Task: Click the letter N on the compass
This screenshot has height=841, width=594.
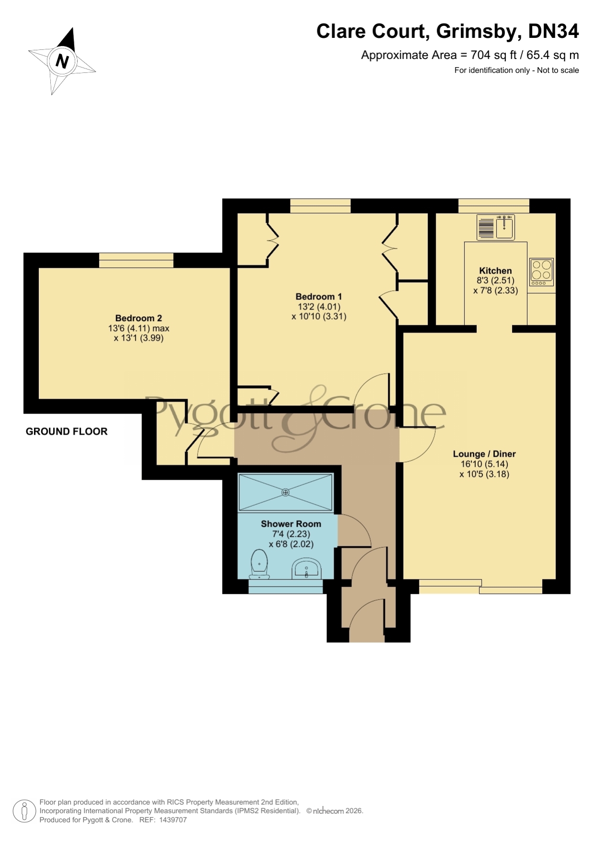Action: pyautogui.click(x=62, y=61)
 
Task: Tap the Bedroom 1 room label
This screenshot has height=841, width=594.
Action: pyautogui.click(x=319, y=297)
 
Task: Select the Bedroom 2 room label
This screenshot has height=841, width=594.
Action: pyautogui.click(x=139, y=318)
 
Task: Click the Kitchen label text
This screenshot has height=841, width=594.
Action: pyautogui.click(x=495, y=271)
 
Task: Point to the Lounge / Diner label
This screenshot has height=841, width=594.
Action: pyautogui.click(x=484, y=454)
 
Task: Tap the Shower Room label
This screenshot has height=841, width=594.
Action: pyautogui.click(x=291, y=524)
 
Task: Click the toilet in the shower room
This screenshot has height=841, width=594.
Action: pyautogui.click(x=259, y=565)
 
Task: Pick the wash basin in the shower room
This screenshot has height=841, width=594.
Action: pyautogui.click(x=306, y=569)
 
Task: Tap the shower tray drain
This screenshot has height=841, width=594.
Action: pyautogui.click(x=286, y=492)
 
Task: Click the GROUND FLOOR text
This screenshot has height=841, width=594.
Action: pyautogui.click(x=67, y=431)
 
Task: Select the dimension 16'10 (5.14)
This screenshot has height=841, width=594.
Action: pyautogui.click(x=484, y=464)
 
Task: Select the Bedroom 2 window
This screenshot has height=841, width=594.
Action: pyautogui.click(x=136, y=260)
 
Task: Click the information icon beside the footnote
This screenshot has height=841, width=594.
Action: pyautogui.click(x=24, y=811)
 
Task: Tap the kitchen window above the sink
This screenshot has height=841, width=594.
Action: pyautogui.click(x=494, y=206)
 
